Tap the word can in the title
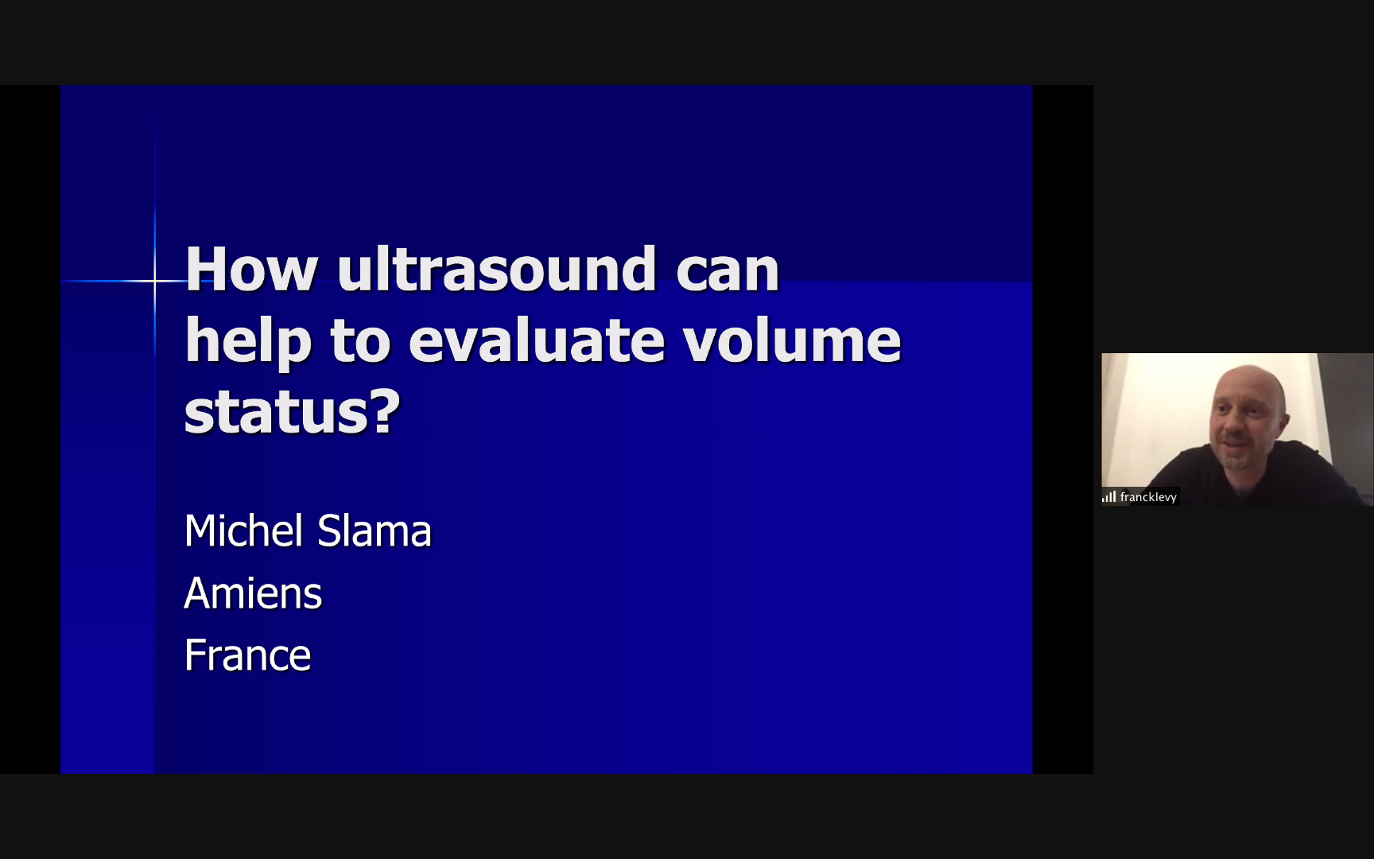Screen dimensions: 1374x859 (728, 271)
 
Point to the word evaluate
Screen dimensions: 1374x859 (537, 340)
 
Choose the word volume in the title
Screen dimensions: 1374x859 (792, 340)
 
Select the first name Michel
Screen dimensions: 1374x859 (244, 531)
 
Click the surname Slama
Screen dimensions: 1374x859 (375, 531)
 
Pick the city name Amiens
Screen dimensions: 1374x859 (253, 593)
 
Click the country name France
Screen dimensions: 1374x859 (248, 655)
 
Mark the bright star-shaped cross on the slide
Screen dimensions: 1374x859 (155, 281)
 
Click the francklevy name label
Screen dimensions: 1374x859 (1148, 497)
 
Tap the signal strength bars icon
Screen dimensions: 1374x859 (1108, 497)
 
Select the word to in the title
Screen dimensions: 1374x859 (359, 341)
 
